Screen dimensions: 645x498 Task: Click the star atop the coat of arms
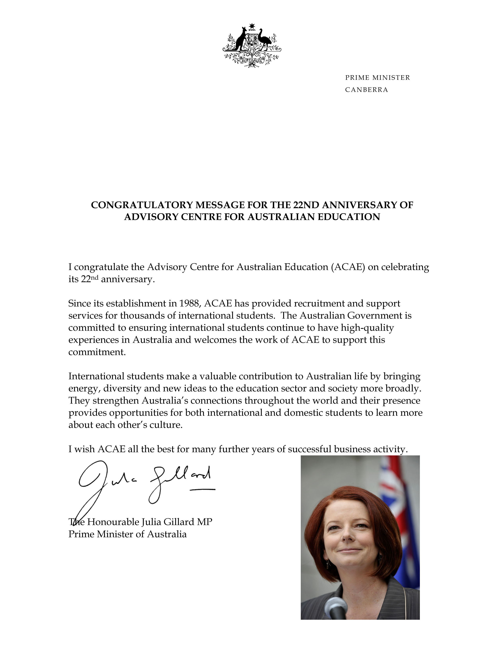click(x=251, y=26)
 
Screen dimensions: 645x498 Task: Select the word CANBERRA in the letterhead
click(x=366, y=90)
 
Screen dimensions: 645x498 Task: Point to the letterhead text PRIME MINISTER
click(x=377, y=78)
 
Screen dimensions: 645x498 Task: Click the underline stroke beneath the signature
click(x=203, y=490)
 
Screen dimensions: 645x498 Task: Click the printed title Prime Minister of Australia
click(x=128, y=534)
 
